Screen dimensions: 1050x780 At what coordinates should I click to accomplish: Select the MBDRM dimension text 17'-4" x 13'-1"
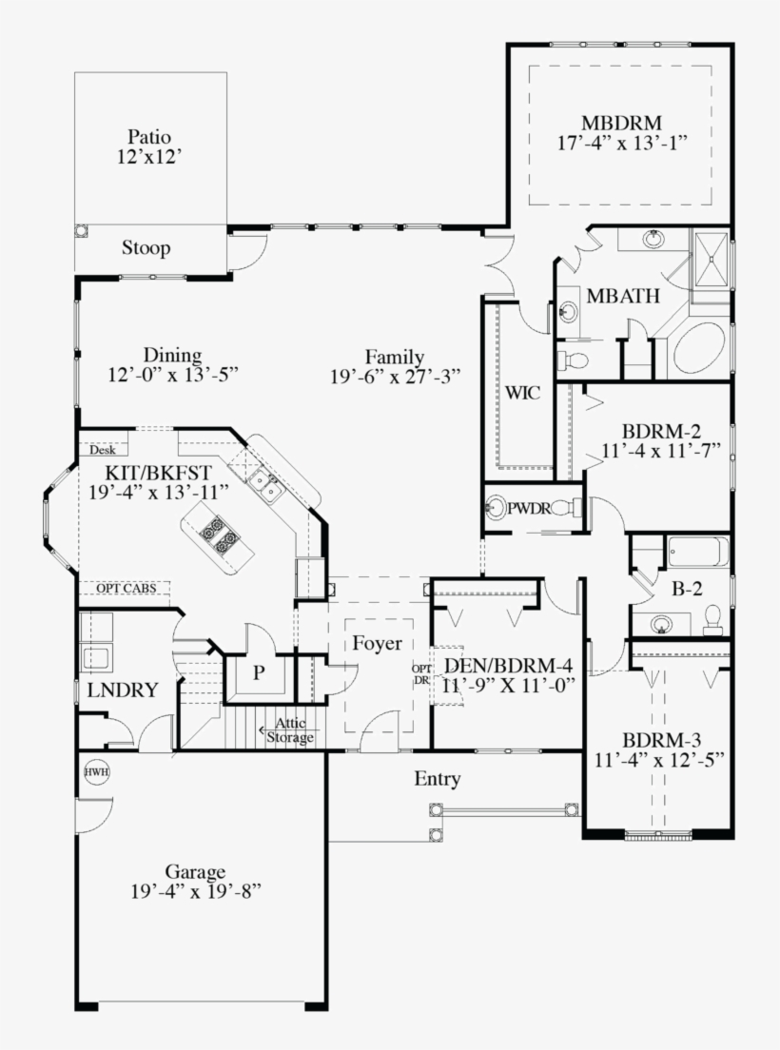tap(622, 142)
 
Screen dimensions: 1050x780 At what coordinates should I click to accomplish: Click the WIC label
tap(522, 393)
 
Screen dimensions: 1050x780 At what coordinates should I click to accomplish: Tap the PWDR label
tap(529, 508)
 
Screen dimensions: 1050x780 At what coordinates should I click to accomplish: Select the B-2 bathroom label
tap(686, 589)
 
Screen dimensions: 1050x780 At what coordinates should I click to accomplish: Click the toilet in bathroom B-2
tap(712, 619)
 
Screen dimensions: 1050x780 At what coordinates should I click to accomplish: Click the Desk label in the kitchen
tap(103, 450)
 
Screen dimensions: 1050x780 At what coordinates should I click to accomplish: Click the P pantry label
tap(258, 672)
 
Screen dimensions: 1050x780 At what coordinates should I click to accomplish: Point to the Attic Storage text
tap(289, 730)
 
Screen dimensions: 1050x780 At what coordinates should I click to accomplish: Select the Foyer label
tap(377, 643)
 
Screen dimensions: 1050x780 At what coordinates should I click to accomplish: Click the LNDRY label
tap(121, 690)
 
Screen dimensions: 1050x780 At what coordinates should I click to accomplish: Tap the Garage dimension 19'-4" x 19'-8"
tap(196, 891)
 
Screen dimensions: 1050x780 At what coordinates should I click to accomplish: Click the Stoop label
tap(146, 249)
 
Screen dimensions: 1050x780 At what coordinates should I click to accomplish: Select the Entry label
tap(438, 780)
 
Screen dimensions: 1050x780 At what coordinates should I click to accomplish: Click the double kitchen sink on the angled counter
tap(265, 487)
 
